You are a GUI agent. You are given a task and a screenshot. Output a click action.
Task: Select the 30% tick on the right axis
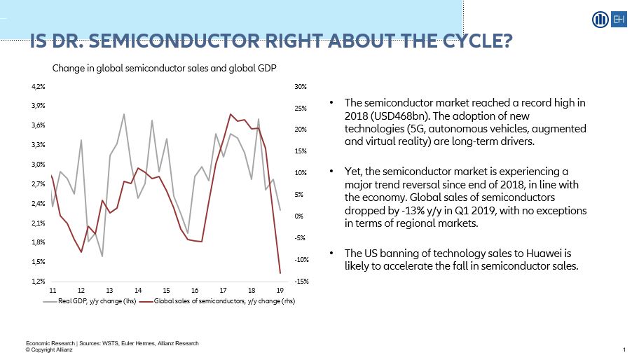point(301,86)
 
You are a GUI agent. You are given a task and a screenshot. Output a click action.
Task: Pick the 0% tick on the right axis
point(299,216)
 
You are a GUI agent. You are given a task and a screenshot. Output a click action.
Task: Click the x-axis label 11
point(53,290)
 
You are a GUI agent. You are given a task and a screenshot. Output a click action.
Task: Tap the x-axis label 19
point(280,290)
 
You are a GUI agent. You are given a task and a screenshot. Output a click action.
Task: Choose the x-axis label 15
point(166,290)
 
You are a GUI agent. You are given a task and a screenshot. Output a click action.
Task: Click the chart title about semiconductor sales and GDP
point(165,69)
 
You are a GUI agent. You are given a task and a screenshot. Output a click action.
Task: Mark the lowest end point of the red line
point(280,273)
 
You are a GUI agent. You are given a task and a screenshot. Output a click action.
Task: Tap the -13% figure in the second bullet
point(399,210)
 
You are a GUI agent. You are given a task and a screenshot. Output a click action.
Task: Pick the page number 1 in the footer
point(624,349)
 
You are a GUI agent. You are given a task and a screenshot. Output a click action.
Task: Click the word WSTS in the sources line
point(111,343)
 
